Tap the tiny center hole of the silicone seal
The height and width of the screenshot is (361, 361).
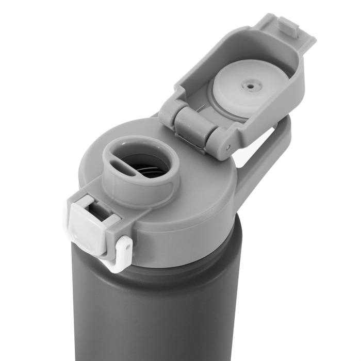click(251, 87)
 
